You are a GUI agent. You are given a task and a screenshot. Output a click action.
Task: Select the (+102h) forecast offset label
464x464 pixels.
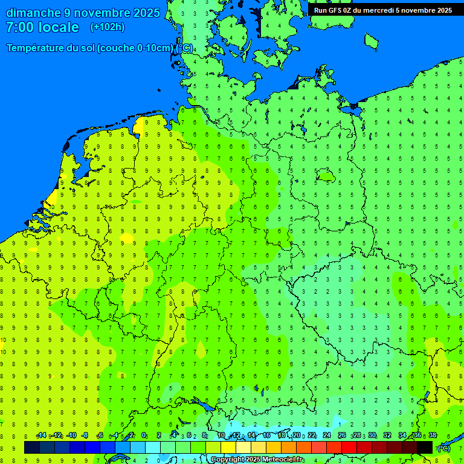(107, 27)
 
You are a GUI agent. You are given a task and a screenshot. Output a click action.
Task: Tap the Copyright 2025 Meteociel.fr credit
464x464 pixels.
(257, 460)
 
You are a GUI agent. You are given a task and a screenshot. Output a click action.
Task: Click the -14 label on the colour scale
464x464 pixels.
(41, 436)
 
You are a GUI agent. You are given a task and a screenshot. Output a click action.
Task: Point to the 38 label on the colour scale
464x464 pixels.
(432, 436)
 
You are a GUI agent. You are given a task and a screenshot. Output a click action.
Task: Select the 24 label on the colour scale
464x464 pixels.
(327, 436)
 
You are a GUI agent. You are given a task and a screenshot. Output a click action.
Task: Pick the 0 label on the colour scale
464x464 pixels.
(144, 436)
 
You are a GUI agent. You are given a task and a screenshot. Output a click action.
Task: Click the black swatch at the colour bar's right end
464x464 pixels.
(425, 447)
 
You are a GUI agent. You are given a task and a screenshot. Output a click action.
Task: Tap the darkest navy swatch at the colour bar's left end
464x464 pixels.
(32, 447)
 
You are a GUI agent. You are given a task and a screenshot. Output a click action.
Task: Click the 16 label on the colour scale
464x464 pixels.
(266, 436)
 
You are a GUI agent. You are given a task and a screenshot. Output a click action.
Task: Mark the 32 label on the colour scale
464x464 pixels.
(387, 436)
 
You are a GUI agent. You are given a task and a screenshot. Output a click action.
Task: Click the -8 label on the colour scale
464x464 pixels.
(85, 436)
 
